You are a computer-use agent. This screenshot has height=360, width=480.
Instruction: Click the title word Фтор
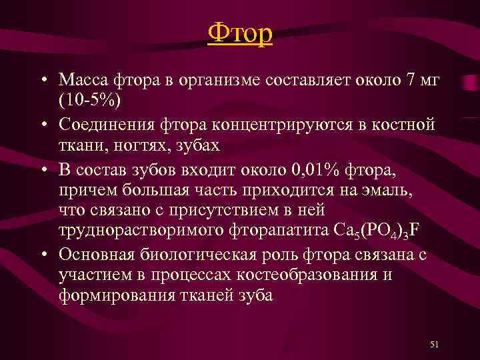240,33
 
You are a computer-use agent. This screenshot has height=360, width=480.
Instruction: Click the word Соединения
101,124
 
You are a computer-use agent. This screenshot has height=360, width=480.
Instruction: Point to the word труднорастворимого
138,230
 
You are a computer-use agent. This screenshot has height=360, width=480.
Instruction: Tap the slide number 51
435,344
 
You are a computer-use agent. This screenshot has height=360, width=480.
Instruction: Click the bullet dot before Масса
42,81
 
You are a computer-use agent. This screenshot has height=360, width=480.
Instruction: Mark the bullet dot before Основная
42,255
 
